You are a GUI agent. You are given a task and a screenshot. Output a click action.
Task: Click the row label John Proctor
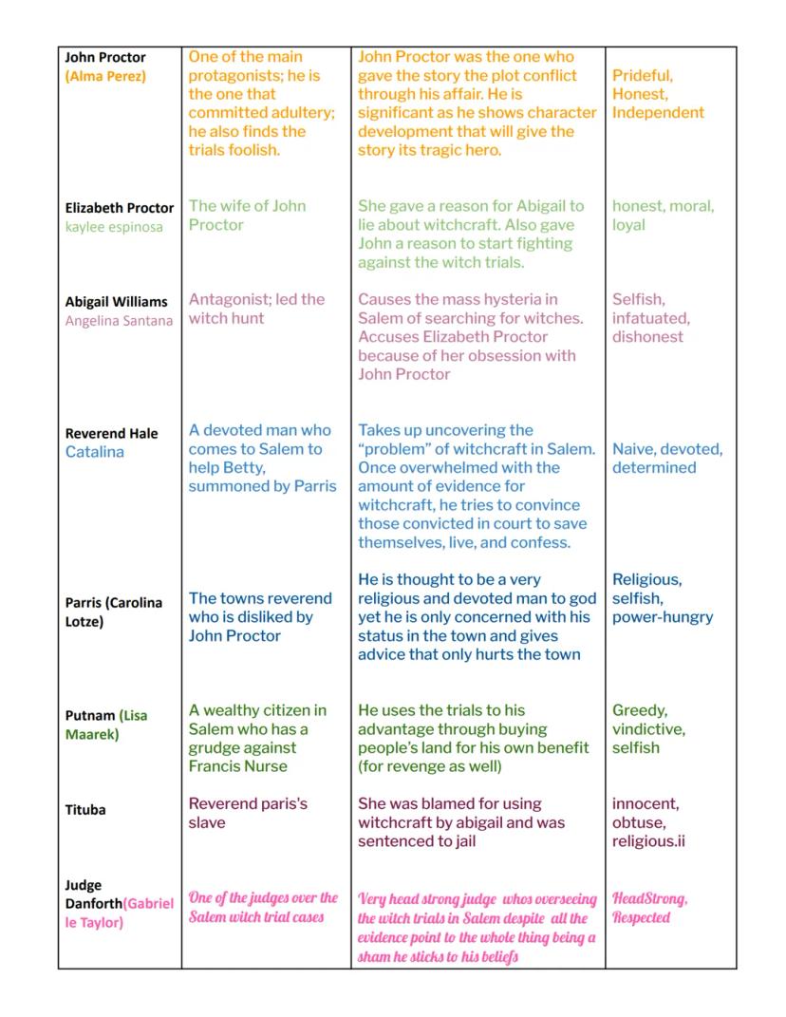[105, 58]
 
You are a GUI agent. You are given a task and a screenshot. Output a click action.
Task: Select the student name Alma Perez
[105, 76]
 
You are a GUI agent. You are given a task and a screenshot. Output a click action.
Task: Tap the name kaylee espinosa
[114, 227]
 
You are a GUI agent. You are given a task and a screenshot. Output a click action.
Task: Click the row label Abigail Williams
[116, 302]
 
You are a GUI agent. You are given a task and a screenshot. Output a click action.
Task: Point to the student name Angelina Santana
[119, 321]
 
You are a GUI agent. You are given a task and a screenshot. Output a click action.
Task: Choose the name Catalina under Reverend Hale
[95, 452]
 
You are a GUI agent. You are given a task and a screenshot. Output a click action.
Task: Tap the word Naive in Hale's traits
[632, 449]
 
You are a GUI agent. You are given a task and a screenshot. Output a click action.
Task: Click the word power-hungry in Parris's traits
[663, 617]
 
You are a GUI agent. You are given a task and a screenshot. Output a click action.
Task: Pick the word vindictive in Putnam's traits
[647, 729]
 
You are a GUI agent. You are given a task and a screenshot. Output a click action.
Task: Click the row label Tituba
[85, 810]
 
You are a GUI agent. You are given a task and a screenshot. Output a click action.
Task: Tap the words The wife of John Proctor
[247, 216]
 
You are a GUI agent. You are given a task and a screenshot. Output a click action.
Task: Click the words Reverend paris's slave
[248, 813]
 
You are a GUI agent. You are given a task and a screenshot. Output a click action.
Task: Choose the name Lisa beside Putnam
[134, 716]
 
